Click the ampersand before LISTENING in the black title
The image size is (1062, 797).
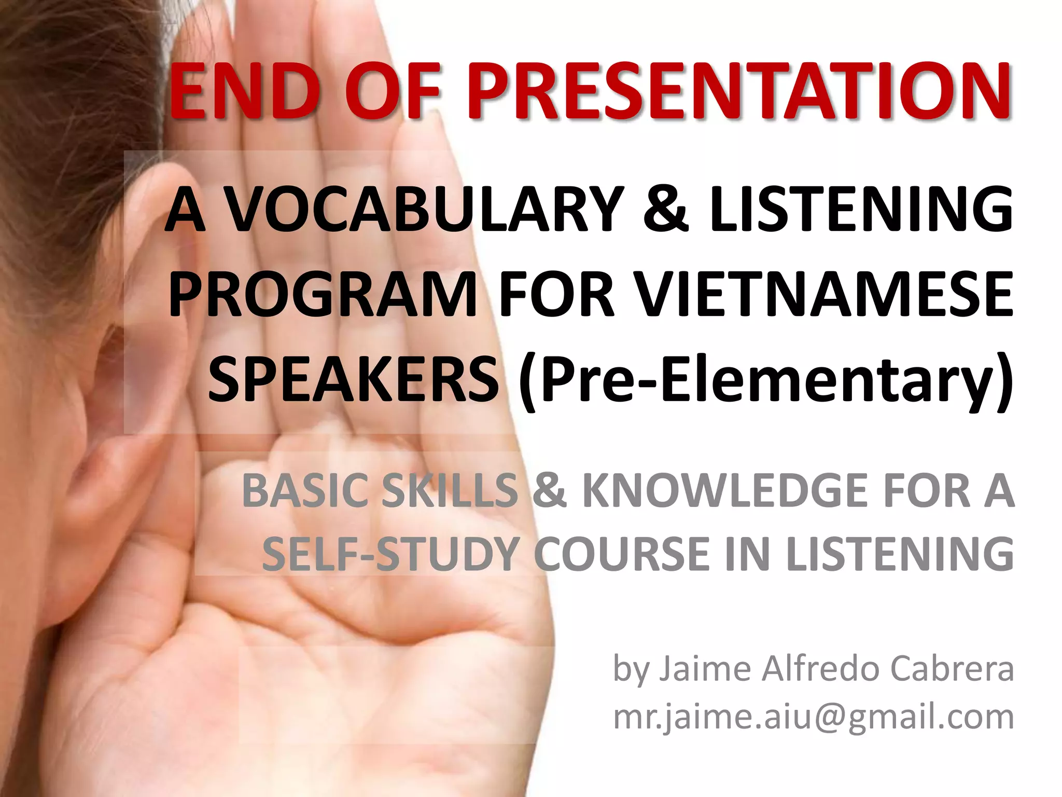[666, 210]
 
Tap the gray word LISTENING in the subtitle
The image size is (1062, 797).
[900, 554]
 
